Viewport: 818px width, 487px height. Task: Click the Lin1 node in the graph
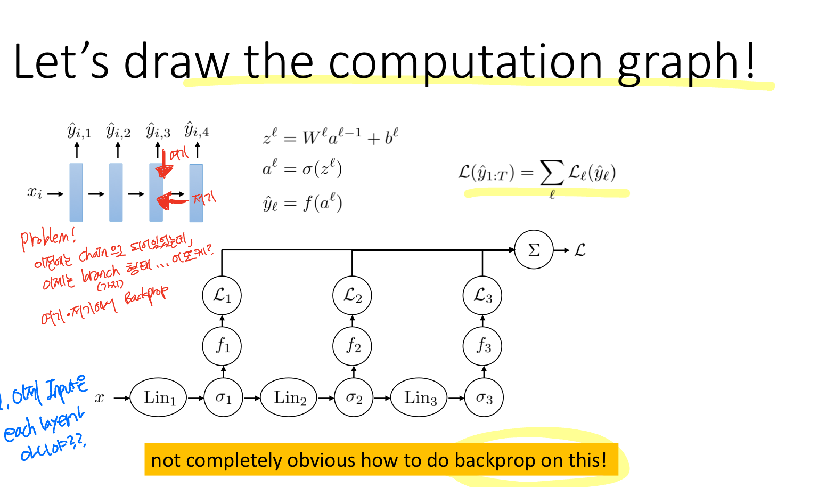159,397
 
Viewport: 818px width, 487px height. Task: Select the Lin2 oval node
289,397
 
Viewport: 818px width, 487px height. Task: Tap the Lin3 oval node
420,397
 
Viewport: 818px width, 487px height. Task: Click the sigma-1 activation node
223,397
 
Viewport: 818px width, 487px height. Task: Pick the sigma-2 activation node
354,397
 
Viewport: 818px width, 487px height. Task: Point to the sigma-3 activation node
484,397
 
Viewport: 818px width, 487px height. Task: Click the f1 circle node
222,346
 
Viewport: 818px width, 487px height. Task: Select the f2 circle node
353,346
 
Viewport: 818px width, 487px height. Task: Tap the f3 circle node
482,346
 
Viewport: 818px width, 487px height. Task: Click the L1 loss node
222,296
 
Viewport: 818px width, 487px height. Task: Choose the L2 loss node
353,296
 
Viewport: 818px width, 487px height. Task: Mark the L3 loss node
482,296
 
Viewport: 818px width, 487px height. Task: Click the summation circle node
534,250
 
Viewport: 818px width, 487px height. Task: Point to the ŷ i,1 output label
79,131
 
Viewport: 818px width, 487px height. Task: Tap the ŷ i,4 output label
197,130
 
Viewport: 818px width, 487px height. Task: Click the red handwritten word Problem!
48,239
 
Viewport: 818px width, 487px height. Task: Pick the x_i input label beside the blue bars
35,192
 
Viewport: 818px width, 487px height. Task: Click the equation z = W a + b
330,137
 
